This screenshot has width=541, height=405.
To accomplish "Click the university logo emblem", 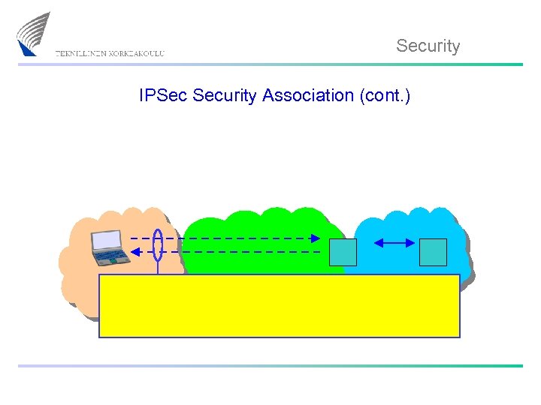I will click(33, 34).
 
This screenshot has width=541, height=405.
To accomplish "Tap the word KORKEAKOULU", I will click(136, 54).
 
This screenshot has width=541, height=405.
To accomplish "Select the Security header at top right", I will click(428, 46).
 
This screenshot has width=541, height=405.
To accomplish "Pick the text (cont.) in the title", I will click(385, 96).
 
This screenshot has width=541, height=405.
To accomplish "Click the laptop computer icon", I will click(108, 248).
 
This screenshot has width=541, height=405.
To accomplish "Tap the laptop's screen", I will click(106, 240).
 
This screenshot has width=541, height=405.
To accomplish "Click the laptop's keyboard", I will click(111, 256).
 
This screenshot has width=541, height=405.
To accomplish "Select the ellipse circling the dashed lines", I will click(158, 244).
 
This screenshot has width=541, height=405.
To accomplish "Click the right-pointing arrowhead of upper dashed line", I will click(316, 238).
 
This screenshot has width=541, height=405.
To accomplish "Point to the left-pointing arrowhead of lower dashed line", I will click(135, 253).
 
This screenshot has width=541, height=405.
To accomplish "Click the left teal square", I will click(343, 252).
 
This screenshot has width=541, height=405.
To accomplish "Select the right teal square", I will click(433, 252).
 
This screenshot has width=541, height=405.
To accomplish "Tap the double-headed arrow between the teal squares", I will click(394, 242).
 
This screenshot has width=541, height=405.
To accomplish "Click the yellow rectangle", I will click(279, 305).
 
